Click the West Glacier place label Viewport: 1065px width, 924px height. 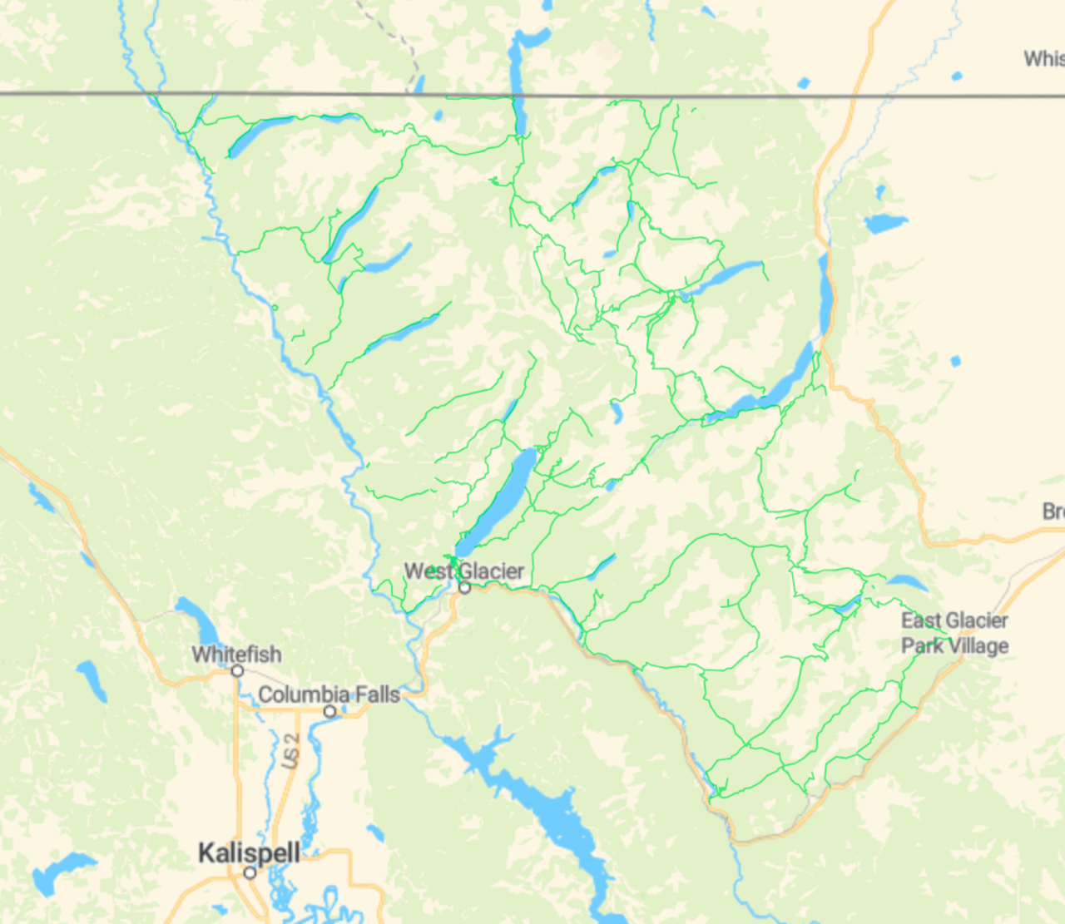click(463, 571)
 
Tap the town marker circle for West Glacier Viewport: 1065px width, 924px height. click(465, 588)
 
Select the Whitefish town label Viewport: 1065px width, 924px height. click(236, 655)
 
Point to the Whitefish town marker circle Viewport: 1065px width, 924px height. click(237, 670)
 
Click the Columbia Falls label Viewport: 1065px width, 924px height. click(329, 694)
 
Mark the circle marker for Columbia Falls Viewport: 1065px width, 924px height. click(329, 711)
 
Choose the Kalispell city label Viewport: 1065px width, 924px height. click(249, 852)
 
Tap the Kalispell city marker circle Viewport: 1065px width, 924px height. click(250, 872)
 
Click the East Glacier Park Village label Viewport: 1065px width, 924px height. click(954, 633)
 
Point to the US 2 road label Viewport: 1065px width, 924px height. click(290, 751)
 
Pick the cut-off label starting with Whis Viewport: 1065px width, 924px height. click(1043, 58)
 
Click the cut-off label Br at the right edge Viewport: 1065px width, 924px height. click(1053, 511)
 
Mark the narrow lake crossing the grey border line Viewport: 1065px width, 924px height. click(517, 75)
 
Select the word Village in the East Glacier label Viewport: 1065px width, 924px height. click(978, 646)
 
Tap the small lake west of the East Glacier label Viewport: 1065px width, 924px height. click(848, 605)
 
